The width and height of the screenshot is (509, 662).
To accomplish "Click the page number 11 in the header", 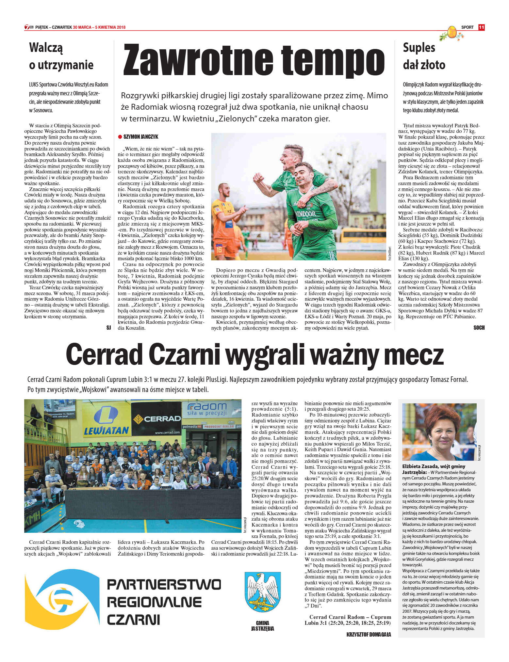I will pyautogui.click(x=481, y=27).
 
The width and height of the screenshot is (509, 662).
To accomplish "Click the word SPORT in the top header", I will pyautogui.click(x=467, y=27).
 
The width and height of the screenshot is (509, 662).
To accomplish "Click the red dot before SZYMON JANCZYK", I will pyautogui.click(x=120, y=137).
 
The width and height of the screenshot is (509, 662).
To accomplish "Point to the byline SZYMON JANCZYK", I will pyautogui.click(x=141, y=137).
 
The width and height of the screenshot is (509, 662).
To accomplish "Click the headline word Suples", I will pyautogui.click(x=419, y=48).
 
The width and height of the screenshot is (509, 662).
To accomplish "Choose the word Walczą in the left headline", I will pyautogui.click(x=46, y=48).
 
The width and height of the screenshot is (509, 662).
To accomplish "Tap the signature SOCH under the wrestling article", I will pyautogui.click(x=479, y=328).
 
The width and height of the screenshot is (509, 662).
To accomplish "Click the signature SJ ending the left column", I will pyautogui.click(x=109, y=328).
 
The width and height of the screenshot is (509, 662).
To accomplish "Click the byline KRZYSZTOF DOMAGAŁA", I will pyautogui.click(x=369, y=635).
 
